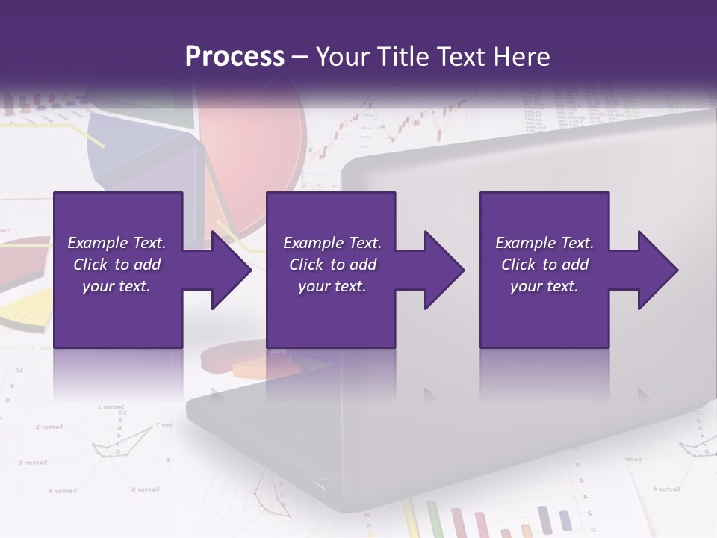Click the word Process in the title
(235, 57)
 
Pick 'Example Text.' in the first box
(117, 243)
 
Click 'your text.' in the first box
(117, 286)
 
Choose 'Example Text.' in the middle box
(332, 243)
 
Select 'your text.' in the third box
(544, 286)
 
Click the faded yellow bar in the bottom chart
(409, 519)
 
